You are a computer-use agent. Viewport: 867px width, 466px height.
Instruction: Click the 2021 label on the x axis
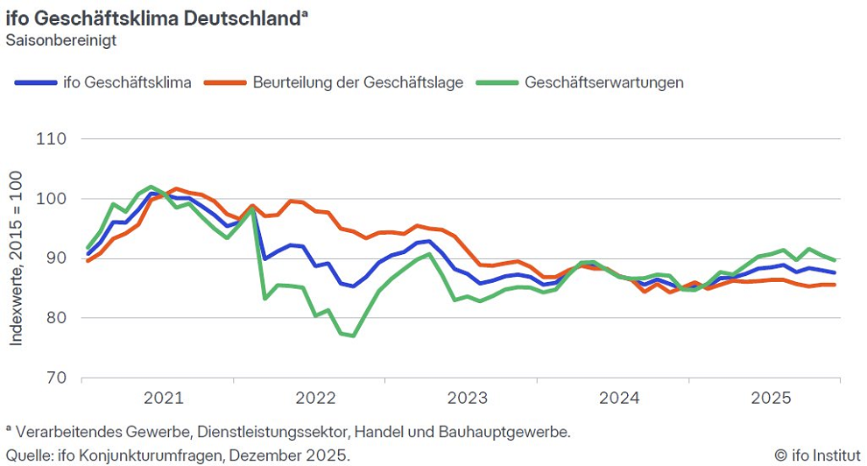163,399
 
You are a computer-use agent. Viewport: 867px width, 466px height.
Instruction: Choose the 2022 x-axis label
315,399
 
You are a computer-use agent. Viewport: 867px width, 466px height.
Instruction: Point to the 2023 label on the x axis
467,399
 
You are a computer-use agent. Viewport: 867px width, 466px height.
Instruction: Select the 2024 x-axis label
619,399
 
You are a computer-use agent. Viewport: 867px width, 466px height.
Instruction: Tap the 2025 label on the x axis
771,399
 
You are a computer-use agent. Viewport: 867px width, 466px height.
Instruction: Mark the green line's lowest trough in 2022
353,335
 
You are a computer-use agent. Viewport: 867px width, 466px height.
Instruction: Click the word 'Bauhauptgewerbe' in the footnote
517,432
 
